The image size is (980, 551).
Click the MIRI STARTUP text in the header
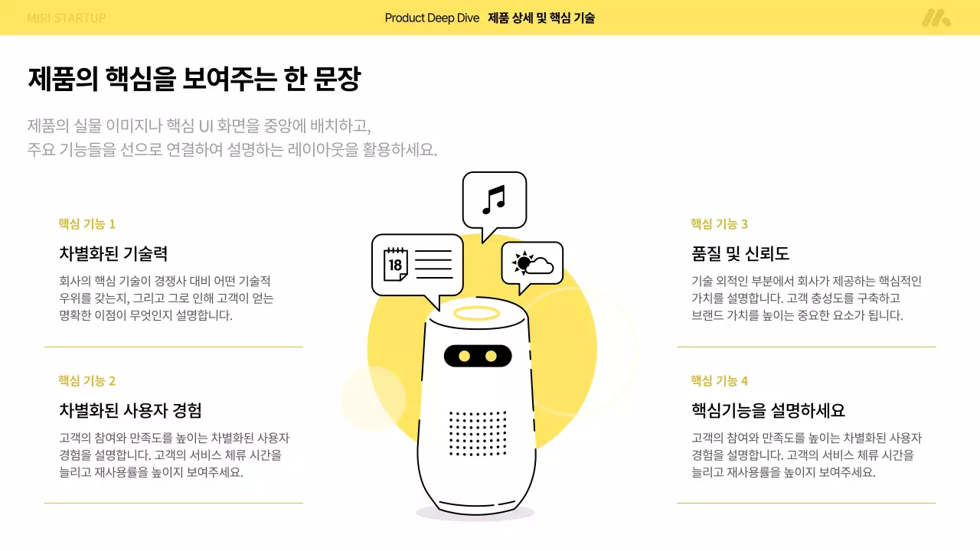click(x=66, y=18)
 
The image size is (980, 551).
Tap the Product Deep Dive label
click(x=432, y=18)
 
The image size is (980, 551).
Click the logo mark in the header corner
click(x=936, y=18)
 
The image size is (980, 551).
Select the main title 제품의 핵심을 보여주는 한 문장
click(x=194, y=80)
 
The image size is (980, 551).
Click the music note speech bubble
click(x=494, y=200)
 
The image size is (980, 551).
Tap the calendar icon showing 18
click(x=395, y=264)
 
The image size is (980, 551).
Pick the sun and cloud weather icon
click(x=533, y=264)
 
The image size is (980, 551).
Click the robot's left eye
click(x=463, y=356)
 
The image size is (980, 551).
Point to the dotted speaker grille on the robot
click(x=478, y=433)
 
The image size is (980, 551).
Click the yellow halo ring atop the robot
click(x=476, y=312)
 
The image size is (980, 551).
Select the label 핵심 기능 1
click(x=87, y=224)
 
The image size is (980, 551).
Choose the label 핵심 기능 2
click(x=87, y=381)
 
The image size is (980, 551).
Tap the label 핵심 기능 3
click(x=719, y=224)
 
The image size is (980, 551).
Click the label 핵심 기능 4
click(x=719, y=381)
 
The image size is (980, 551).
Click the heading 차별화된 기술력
click(x=113, y=253)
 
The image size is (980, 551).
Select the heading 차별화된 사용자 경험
click(x=130, y=410)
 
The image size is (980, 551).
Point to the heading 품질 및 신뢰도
click(x=740, y=253)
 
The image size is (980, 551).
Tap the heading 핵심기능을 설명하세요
click(x=768, y=410)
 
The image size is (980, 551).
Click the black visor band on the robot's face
click(x=477, y=356)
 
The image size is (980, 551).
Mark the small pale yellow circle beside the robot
click(x=373, y=399)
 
